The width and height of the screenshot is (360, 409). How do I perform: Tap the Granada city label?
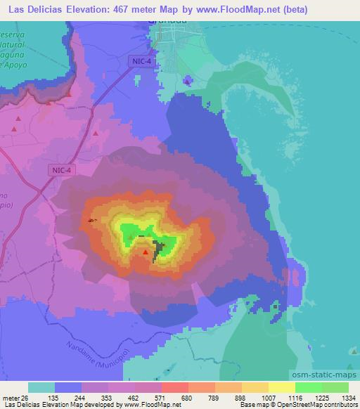click(167, 21)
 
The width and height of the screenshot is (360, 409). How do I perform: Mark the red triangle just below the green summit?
click(146, 252)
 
